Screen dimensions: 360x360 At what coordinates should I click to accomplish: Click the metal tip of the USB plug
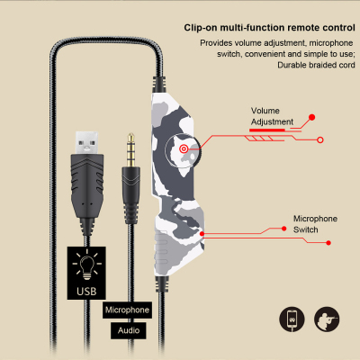[86, 143]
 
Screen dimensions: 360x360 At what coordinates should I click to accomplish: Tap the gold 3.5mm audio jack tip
[130, 150]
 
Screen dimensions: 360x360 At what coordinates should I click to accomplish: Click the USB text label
[86, 292]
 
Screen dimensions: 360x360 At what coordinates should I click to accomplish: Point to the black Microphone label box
[127, 310]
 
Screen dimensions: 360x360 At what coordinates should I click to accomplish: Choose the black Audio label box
[129, 330]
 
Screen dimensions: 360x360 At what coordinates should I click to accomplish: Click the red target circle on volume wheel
[184, 148]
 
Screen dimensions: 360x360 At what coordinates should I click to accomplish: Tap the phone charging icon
[292, 319]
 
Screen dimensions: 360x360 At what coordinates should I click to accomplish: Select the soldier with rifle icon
[327, 319]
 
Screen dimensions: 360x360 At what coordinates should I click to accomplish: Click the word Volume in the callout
[265, 111]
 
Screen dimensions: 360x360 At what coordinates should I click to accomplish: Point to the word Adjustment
[272, 121]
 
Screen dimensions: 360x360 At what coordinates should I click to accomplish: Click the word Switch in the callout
[306, 229]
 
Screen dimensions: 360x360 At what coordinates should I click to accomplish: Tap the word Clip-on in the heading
[201, 28]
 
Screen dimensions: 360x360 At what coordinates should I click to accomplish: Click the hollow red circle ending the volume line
[320, 139]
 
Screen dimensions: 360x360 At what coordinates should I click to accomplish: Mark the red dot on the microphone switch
[202, 234]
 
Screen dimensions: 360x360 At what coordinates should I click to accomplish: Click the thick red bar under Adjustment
[267, 130]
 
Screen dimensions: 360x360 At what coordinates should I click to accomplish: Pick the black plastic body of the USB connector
[87, 186]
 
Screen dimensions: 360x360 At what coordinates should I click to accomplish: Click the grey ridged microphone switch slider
[161, 248]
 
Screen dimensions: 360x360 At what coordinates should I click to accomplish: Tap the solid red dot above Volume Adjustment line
[311, 117]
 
